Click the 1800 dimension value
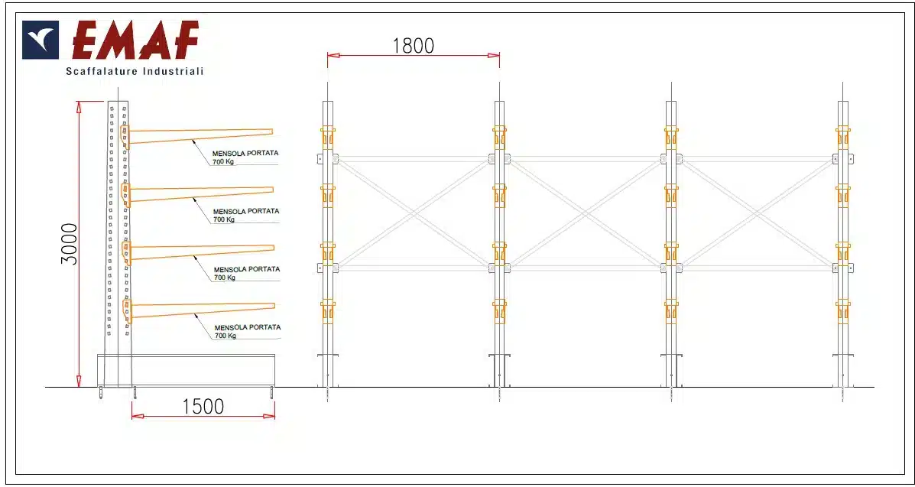413,46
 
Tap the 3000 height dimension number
70,243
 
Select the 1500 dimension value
203,407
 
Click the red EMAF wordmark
135,41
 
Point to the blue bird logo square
41,41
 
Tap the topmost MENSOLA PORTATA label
245,153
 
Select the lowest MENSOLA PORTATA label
248,327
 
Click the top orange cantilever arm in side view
197,135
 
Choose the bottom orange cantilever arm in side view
199,310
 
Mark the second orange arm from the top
198,194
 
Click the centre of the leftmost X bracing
414,213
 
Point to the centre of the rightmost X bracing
757,213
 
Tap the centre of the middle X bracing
585,213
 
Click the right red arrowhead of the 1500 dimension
270,417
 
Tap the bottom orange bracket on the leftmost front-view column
327,311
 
